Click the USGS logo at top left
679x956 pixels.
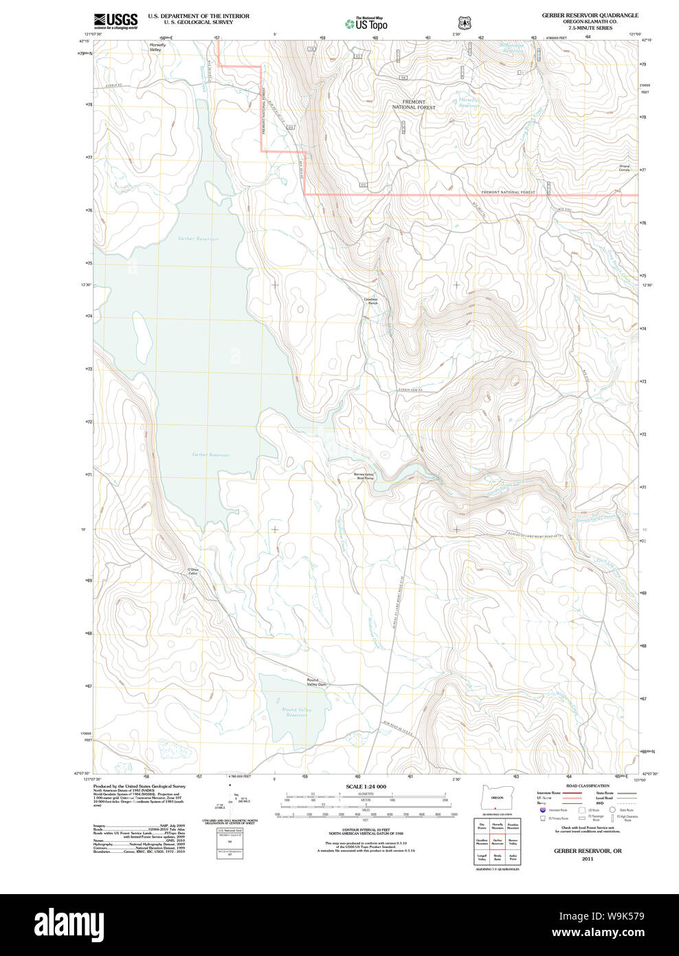(x=115, y=21)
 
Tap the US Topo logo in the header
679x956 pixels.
(x=367, y=24)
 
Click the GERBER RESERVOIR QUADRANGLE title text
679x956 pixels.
(x=590, y=15)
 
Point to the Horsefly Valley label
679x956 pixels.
(x=157, y=47)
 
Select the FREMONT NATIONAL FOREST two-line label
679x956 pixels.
(x=414, y=105)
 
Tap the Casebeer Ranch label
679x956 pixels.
(x=370, y=301)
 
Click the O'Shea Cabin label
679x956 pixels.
(x=193, y=571)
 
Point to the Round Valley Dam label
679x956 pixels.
(x=316, y=682)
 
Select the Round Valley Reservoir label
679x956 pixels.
(x=296, y=712)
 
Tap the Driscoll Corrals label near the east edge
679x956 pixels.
(x=624, y=168)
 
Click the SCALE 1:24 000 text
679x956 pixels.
(x=366, y=786)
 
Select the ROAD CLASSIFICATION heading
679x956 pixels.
(x=588, y=785)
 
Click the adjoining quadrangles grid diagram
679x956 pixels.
(x=497, y=842)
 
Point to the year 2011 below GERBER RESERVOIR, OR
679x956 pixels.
(x=588, y=858)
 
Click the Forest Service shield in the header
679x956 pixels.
(x=465, y=23)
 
